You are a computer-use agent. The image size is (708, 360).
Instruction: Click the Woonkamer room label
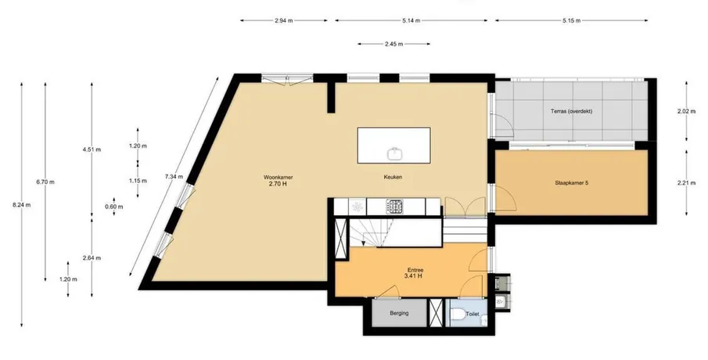pos(275,177)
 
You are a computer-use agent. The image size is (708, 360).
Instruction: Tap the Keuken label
pos(394,177)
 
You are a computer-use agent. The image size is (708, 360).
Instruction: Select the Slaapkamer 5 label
pos(571,183)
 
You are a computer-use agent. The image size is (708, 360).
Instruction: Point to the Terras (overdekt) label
pos(571,111)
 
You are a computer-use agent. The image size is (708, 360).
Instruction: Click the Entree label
pos(415,270)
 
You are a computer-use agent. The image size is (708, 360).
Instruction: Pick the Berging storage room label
pos(399,312)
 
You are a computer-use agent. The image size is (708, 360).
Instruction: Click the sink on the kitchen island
pos(395,153)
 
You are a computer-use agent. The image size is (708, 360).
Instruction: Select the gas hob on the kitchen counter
pos(394,207)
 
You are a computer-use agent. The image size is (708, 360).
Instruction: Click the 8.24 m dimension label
pos(22,204)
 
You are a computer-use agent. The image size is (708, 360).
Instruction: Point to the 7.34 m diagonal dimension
pos(174,177)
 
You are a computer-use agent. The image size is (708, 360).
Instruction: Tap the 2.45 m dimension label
pos(394,44)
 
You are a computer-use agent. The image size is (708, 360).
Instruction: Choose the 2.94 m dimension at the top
pos(283,20)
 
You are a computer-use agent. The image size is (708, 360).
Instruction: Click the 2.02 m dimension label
pos(686,111)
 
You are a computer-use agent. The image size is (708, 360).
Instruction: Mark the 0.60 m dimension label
pos(113,207)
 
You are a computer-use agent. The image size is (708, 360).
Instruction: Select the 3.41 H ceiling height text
pos(415,276)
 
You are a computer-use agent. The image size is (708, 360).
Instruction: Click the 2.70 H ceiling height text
pos(275,183)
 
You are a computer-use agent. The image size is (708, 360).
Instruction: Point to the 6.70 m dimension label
pos(45,182)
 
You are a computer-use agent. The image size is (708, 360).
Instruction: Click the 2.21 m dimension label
pos(686,183)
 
